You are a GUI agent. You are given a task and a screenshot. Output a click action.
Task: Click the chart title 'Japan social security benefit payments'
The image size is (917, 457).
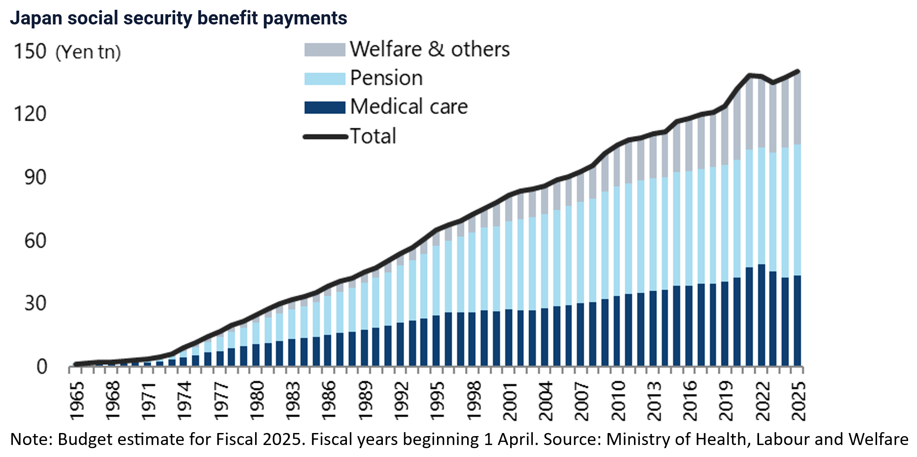coord(178,18)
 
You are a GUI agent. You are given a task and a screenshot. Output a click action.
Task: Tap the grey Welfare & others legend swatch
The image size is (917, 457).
coord(324,50)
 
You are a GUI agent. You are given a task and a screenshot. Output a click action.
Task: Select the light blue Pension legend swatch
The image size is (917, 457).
coord(324,79)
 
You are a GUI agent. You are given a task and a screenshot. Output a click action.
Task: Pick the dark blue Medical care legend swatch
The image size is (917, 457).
coord(324,107)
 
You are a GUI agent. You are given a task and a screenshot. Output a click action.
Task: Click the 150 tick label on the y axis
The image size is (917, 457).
coord(30,51)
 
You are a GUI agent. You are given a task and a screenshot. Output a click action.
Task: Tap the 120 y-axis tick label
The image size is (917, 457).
coord(30,114)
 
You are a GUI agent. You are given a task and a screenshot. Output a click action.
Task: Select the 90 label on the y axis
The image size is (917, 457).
coord(35,177)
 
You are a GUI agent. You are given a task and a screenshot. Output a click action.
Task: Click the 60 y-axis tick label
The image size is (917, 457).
coord(35,241)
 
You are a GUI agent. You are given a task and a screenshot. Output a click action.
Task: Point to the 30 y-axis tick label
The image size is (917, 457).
coord(35,304)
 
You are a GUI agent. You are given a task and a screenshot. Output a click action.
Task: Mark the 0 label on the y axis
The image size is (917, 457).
coord(41,367)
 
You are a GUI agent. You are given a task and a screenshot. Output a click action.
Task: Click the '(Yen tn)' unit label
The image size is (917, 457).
coord(88,52)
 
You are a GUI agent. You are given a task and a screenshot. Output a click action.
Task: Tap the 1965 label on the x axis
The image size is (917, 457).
coord(77,399)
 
